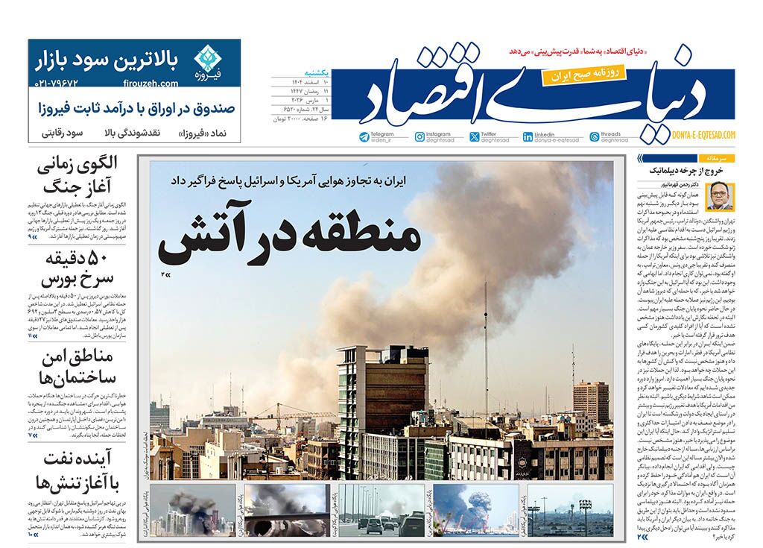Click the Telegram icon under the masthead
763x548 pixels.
point(364,136)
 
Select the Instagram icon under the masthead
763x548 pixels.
point(420,136)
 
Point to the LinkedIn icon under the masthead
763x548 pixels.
point(528,136)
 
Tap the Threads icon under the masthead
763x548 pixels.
point(594,136)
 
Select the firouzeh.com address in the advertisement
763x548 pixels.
point(157,84)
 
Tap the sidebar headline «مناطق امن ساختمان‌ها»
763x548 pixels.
point(79,366)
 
